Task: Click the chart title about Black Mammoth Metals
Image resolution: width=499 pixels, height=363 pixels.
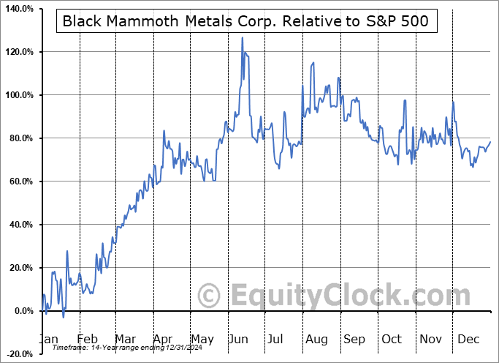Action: pos(246,21)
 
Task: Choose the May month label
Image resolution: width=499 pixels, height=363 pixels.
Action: pos(202,339)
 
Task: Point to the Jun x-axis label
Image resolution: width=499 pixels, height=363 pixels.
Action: pos(240,339)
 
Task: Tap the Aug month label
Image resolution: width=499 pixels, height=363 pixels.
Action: pos(316,339)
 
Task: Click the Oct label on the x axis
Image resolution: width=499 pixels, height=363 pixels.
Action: pos(392,339)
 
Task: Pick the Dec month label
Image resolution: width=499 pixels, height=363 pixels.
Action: pos(468,339)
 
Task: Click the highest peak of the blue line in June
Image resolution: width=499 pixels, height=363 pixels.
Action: pos(243,37)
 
